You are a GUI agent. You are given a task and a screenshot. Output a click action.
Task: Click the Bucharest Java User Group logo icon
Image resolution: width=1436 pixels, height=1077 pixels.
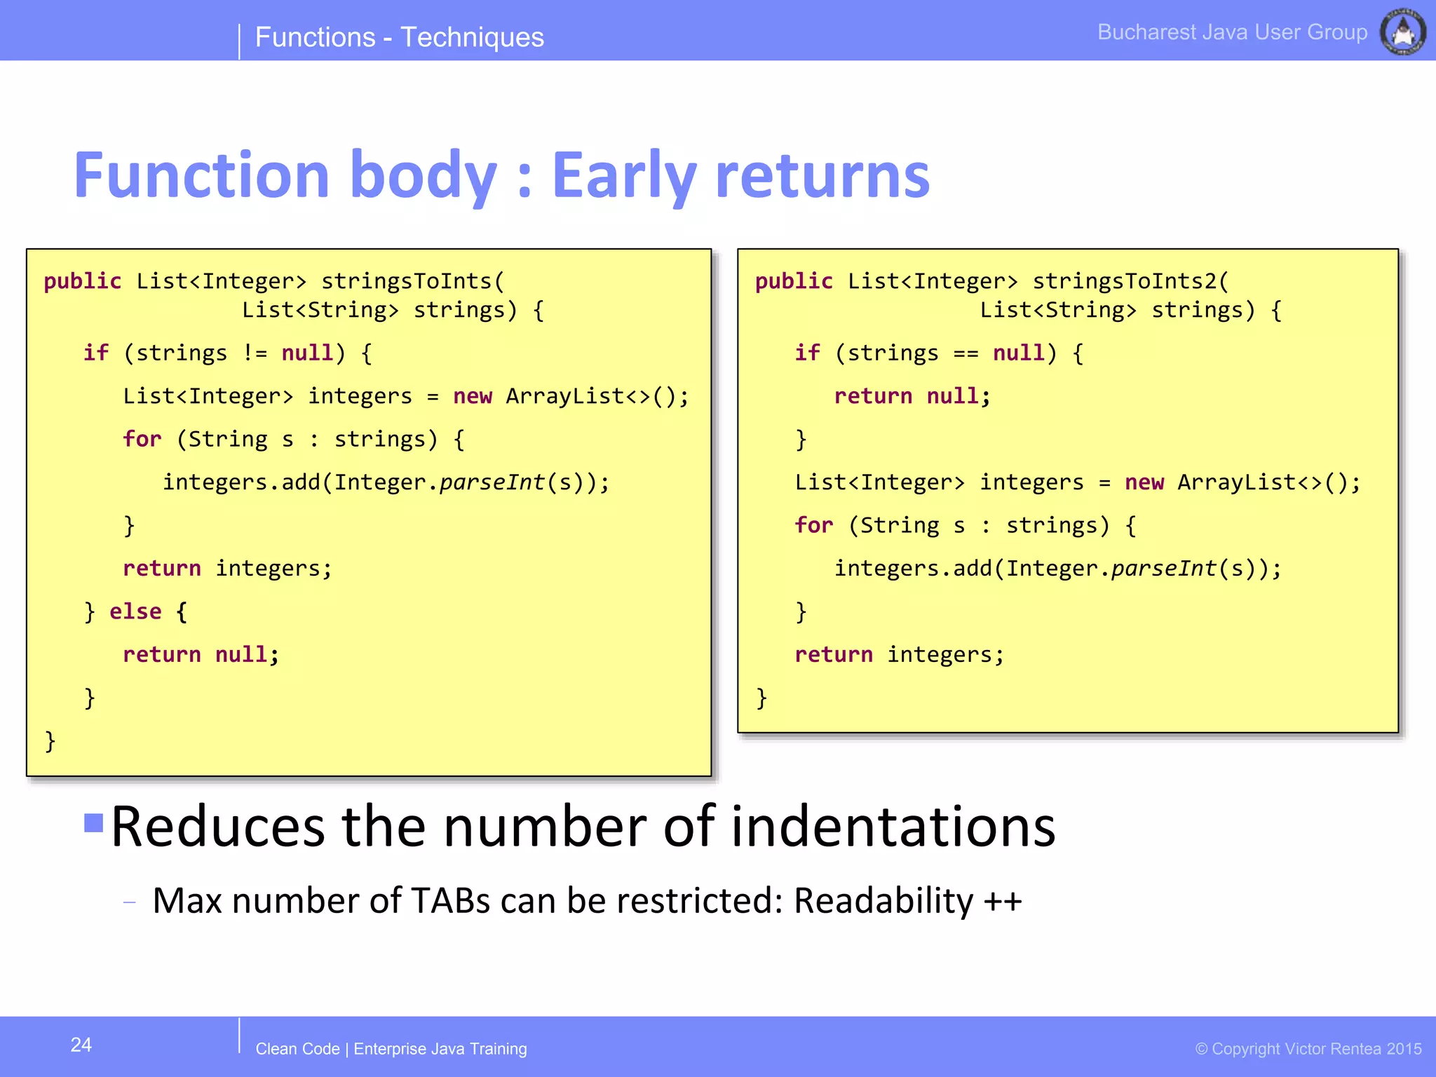click(1402, 32)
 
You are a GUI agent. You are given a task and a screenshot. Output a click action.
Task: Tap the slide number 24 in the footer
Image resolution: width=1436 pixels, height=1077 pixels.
click(81, 1045)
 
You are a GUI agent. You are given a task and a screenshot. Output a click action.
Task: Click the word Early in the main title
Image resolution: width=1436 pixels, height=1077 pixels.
click(624, 175)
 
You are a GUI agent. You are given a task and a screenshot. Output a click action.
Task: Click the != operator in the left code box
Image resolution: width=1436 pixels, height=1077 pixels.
click(255, 353)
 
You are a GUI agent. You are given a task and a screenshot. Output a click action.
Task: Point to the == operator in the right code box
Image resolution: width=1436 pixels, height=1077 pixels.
click(966, 353)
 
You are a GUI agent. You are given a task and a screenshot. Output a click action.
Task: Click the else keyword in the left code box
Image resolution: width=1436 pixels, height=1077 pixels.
click(135, 611)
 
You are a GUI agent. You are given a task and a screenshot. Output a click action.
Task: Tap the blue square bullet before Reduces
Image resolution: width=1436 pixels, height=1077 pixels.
click(94, 822)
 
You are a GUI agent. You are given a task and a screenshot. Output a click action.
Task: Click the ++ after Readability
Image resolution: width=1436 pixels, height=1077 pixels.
click(1003, 901)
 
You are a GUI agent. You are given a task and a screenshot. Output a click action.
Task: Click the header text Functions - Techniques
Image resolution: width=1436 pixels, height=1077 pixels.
click(399, 37)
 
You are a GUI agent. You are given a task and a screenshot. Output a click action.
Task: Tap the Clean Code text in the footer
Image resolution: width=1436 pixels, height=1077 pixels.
click(297, 1049)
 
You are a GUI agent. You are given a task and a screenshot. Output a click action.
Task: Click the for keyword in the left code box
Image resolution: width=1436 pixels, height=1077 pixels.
click(142, 439)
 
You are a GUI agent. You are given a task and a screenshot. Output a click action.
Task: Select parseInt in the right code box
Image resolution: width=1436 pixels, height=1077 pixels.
click(1163, 568)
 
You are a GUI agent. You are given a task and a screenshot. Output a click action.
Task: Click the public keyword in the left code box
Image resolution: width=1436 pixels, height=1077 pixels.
click(82, 281)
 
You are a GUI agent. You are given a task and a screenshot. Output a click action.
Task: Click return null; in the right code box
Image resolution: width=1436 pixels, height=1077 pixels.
click(912, 396)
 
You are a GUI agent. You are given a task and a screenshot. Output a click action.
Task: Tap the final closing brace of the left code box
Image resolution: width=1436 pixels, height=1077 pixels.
click(50, 741)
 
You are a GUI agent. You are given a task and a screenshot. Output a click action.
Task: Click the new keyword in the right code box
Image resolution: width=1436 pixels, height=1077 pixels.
click(1144, 482)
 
